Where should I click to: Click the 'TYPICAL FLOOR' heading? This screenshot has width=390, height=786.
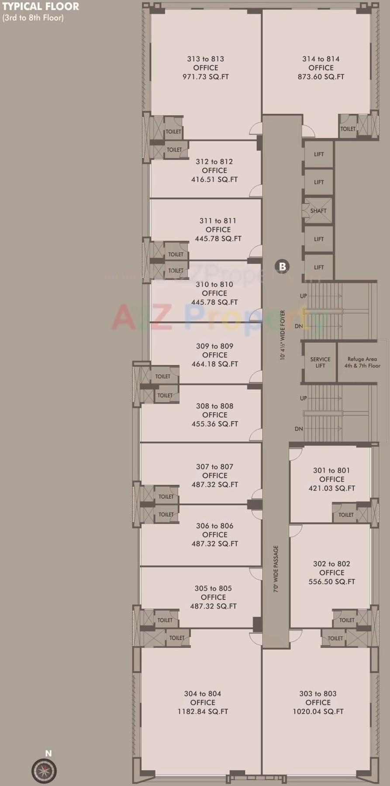[41, 7]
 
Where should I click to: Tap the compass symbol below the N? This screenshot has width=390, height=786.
[44, 771]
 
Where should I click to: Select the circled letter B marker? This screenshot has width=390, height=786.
[282, 266]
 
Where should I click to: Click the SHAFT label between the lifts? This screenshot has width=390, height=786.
[318, 211]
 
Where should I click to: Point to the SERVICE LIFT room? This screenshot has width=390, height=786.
[320, 362]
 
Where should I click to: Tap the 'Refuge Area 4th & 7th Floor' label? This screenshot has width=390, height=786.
[362, 362]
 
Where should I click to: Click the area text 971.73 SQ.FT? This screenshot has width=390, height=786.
[206, 77]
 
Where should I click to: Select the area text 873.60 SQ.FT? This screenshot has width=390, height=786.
[321, 77]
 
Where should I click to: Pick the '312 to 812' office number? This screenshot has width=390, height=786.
[214, 161]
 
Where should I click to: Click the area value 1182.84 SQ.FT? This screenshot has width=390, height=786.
[203, 711]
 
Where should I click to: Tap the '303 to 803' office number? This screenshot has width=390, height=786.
[318, 694]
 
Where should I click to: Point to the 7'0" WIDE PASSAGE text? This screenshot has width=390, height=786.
[276, 568]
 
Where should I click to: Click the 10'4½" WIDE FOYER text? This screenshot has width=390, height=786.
[283, 335]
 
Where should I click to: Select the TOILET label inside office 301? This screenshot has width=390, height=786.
[346, 515]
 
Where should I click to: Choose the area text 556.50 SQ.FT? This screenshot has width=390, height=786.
[332, 582]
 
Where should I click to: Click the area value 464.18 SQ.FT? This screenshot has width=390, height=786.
[215, 364]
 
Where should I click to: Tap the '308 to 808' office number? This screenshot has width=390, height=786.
[215, 406]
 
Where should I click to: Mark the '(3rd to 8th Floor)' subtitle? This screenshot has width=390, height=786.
[33, 18]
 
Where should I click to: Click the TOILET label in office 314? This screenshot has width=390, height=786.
[348, 129]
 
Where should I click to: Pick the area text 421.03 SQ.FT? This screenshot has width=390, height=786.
[332, 488]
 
